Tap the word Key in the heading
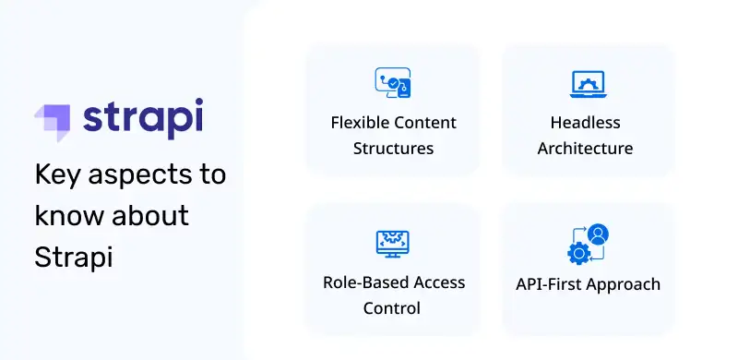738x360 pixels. click(x=58, y=174)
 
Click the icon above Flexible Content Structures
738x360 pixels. click(x=392, y=83)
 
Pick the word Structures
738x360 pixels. click(x=393, y=148)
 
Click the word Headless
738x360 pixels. click(x=585, y=123)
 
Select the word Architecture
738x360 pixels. click(x=585, y=148)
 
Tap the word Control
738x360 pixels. click(x=392, y=307)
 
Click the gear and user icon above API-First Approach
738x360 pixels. click(x=588, y=243)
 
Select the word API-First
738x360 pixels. click(x=547, y=284)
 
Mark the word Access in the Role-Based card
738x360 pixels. click(x=437, y=282)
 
